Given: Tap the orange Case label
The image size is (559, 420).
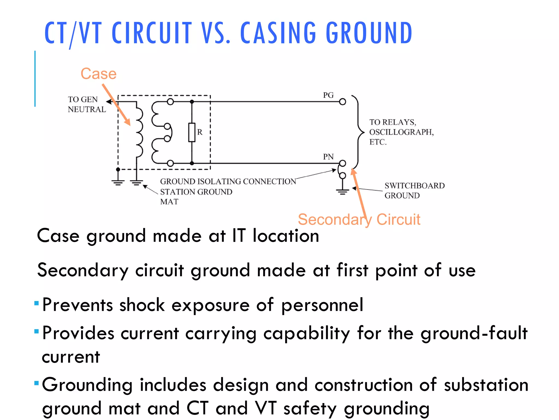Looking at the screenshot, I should coord(99,74).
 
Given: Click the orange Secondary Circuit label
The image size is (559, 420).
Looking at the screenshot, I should coord(359,220).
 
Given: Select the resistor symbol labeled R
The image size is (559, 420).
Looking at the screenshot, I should coord(192,132).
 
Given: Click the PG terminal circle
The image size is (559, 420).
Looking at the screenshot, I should coord(343,102).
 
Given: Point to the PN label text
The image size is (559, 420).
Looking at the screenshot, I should coord(328,157).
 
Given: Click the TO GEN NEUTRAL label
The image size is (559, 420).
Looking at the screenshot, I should coord(87,104).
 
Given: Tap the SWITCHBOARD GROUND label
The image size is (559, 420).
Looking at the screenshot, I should coord(414,191).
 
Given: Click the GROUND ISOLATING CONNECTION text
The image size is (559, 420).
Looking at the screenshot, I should coord(228,182).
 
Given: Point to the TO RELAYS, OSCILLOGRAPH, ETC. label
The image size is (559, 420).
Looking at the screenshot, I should coord(401,132).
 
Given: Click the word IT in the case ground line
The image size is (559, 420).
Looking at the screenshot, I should coord(239,236).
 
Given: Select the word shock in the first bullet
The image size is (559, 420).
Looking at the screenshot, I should coord(142,305).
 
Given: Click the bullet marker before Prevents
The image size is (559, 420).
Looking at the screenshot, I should coord(37,303).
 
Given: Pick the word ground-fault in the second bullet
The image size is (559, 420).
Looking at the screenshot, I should coord(474,333).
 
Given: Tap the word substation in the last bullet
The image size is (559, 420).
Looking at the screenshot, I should coord(486,385).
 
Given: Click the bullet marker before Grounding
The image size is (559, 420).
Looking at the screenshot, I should coord(37,383).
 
